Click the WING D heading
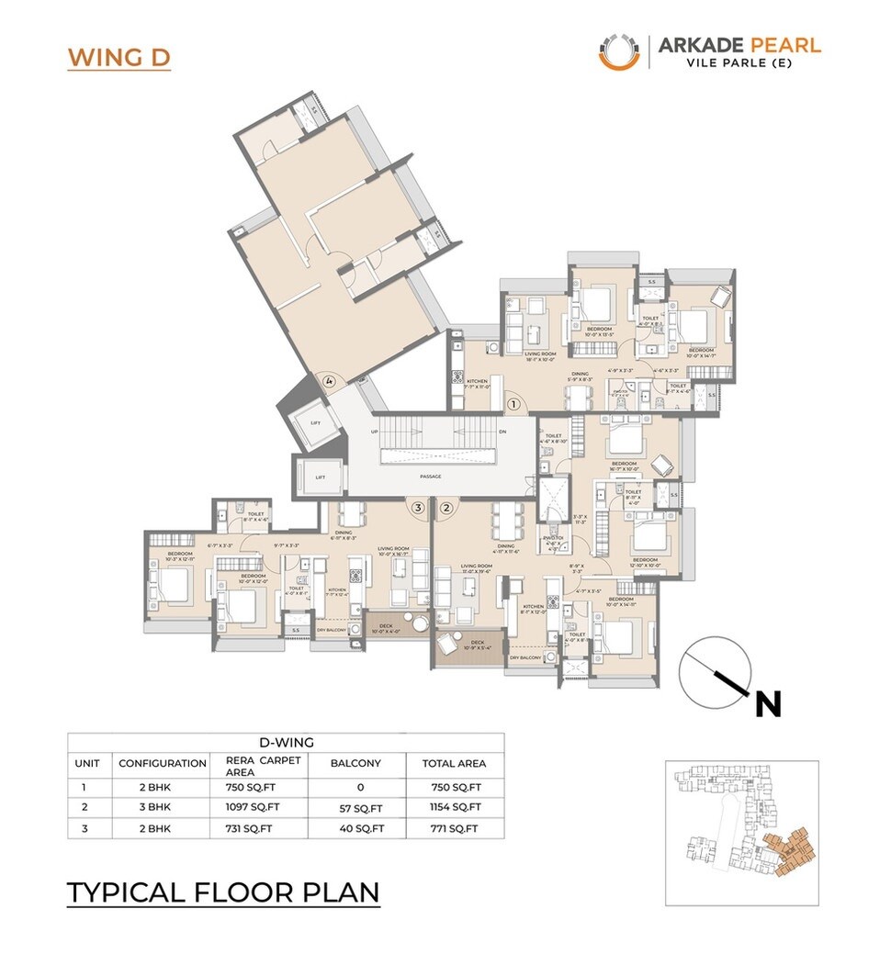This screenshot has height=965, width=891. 118,58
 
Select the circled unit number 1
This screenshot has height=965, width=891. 513,402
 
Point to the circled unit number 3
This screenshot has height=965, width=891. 418,507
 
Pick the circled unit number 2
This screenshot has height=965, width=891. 447,507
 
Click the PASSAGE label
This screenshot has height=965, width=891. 431,477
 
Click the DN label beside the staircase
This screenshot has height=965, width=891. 502,431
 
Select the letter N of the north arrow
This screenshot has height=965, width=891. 768,704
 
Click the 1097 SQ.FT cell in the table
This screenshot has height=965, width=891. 253,806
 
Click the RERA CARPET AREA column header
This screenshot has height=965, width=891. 263,764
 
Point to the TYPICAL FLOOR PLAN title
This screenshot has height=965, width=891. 223,892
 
